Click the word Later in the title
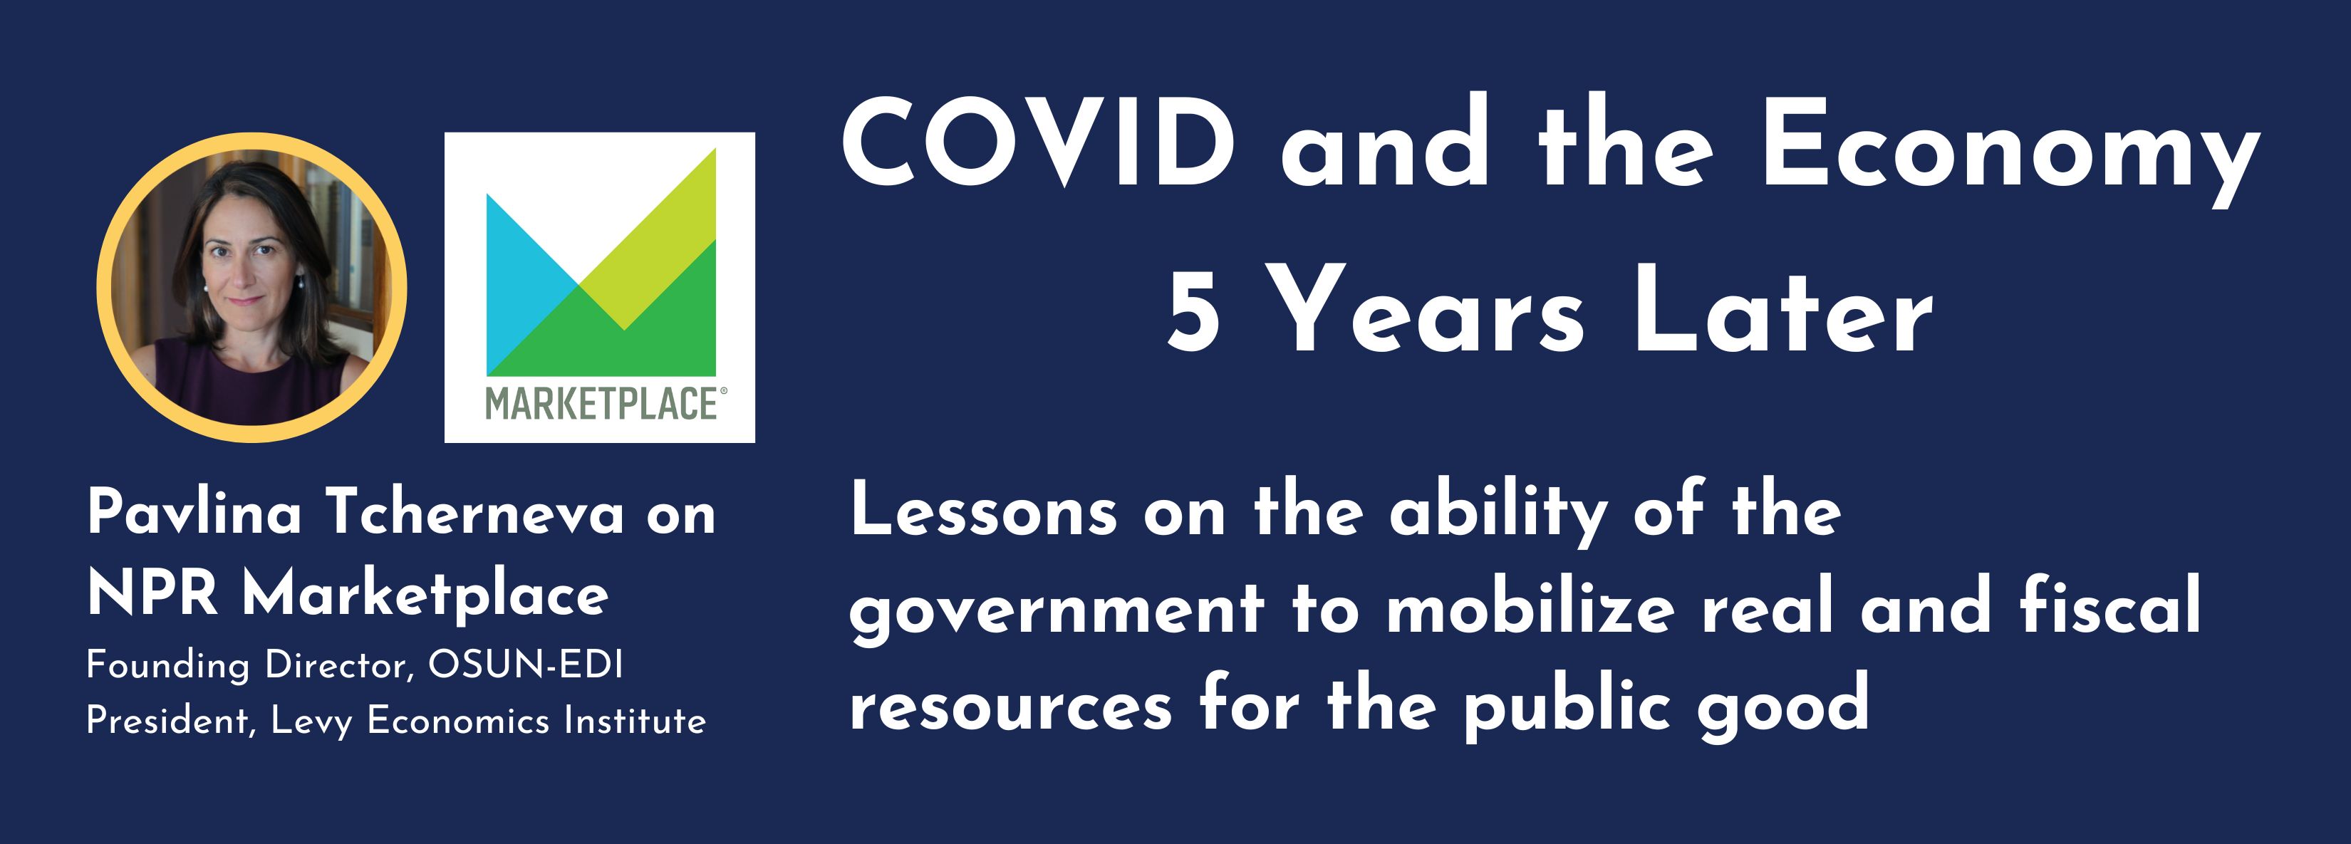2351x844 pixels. (x=1782, y=311)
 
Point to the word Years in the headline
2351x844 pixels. (x=1429, y=311)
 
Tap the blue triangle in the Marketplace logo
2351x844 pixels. (x=531, y=283)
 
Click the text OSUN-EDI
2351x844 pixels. (x=526, y=665)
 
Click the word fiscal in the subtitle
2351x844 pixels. (x=2110, y=604)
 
